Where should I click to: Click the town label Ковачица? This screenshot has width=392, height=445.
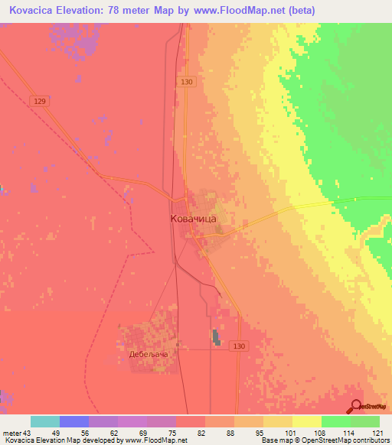click(193, 219)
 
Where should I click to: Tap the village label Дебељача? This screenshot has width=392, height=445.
click(148, 355)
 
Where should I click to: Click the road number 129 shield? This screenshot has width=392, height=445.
click(41, 100)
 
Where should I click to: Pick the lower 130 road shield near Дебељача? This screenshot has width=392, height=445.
click(240, 346)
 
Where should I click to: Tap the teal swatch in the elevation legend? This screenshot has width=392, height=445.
click(45, 421)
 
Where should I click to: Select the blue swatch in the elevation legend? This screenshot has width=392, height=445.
click(74, 421)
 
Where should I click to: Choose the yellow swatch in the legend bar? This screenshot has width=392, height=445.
click(307, 421)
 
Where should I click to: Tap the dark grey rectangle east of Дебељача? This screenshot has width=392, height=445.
click(215, 337)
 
